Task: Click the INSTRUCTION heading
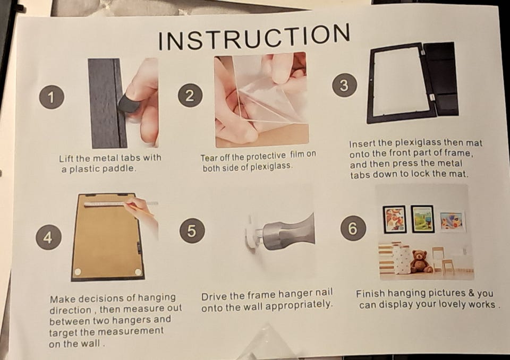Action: tap(254, 37)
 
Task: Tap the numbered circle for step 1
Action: tap(52, 97)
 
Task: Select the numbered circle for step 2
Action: tap(190, 96)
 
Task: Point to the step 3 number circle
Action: tap(344, 85)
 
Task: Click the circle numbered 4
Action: tap(48, 237)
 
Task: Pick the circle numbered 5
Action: tap(192, 230)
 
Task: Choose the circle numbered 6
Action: tap(353, 228)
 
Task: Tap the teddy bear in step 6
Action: tap(421, 261)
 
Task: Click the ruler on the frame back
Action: tap(121, 203)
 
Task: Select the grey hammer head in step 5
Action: tap(288, 232)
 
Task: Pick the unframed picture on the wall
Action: tap(452, 221)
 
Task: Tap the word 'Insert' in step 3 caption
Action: tap(362, 143)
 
